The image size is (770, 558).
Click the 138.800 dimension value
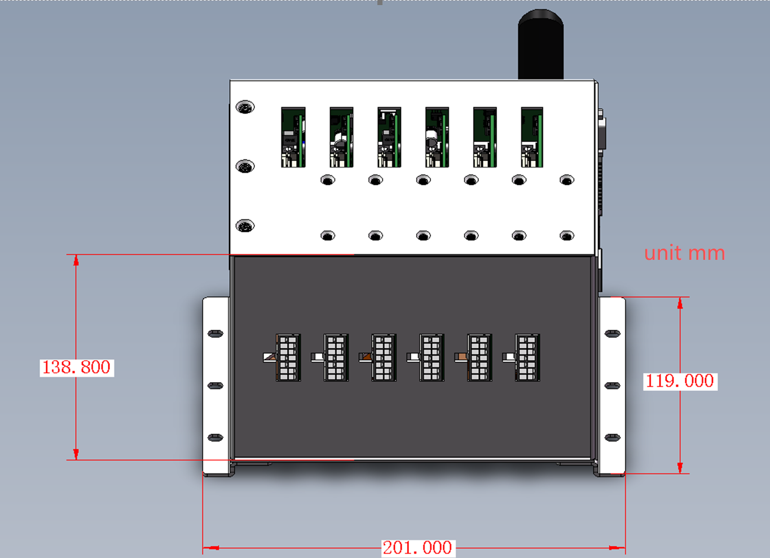pos(76,367)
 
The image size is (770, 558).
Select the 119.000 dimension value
pos(680,381)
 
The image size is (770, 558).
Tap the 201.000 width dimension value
pos(418,548)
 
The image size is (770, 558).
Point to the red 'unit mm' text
pos(684,254)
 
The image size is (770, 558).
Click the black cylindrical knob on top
pos(541,45)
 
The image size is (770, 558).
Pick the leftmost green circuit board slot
pos(293,137)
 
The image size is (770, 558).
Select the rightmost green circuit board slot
pos(532,137)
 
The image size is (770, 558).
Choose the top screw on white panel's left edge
pos(245,107)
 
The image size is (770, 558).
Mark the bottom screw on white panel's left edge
pos(245,225)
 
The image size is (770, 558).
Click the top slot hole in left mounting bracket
pos(215,334)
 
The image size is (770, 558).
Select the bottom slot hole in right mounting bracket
pos(612,437)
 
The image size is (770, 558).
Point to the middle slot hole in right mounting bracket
pos(612,386)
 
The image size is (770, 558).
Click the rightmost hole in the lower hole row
pos(567,236)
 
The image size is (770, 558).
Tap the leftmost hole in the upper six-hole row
pos(328,180)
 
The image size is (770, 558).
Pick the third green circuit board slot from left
pos(389,137)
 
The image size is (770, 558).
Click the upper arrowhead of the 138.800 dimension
pos(76,260)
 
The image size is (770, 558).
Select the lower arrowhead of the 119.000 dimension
pos(680,468)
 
